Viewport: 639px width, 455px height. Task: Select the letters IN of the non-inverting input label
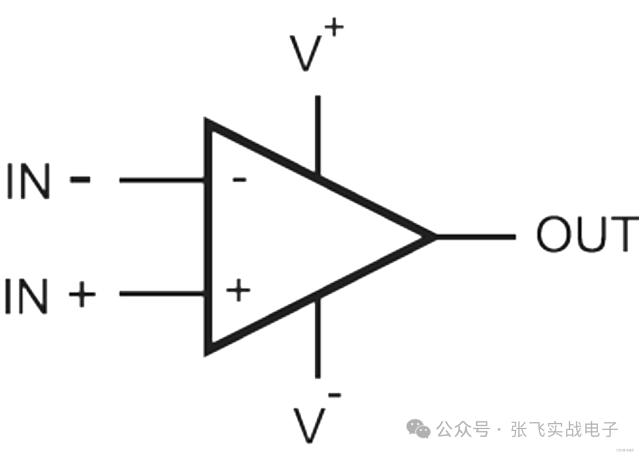pyautogui.click(x=26, y=295)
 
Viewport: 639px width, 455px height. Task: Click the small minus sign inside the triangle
pyautogui.click(x=238, y=179)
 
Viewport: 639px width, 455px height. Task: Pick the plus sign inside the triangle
pyautogui.click(x=238, y=291)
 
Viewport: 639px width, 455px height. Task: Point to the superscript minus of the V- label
pyautogui.click(x=334, y=394)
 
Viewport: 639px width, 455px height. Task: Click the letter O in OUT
pyautogui.click(x=555, y=235)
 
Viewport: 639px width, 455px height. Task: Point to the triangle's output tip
pyautogui.click(x=432, y=236)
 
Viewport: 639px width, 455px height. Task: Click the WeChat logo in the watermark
pyautogui.click(x=421, y=428)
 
